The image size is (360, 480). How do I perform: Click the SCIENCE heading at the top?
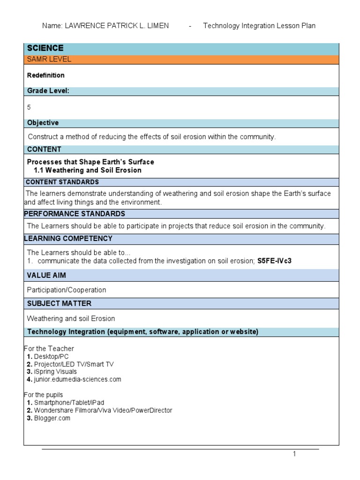(x=45, y=48)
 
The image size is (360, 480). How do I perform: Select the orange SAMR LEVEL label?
(x=49, y=60)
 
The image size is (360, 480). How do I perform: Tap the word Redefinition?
(x=45, y=75)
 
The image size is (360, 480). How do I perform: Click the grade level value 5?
(x=29, y=107)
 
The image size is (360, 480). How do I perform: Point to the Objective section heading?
(x=43, y=123)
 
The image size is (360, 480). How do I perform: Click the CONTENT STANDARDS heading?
(x=62, y=182)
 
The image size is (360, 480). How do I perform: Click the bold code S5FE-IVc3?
(x=274, y=261)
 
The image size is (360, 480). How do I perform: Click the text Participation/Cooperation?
(x=67, y=290)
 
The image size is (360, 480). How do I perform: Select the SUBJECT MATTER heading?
(x=59, y=303)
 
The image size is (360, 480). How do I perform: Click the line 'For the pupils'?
(x=43, y=395)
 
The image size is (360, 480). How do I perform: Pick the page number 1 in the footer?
(x=294, y=454)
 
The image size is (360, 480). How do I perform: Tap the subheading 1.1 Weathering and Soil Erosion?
(x=88, y=170)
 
